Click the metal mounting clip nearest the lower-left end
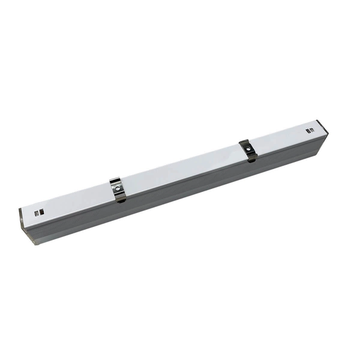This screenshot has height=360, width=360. [x=119, y=189]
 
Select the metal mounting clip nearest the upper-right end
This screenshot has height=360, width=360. [x=247, y=149]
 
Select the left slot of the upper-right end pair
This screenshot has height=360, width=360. [x=308, y=131]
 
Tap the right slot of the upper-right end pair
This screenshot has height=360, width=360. [x=311, y=130]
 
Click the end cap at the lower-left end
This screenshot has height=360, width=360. [x=25, y=225]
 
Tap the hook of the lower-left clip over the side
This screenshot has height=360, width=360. [x=122, y=198]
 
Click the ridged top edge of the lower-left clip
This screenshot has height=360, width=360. [x=115, y=181]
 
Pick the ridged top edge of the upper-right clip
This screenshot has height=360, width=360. [x=244, y=142]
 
